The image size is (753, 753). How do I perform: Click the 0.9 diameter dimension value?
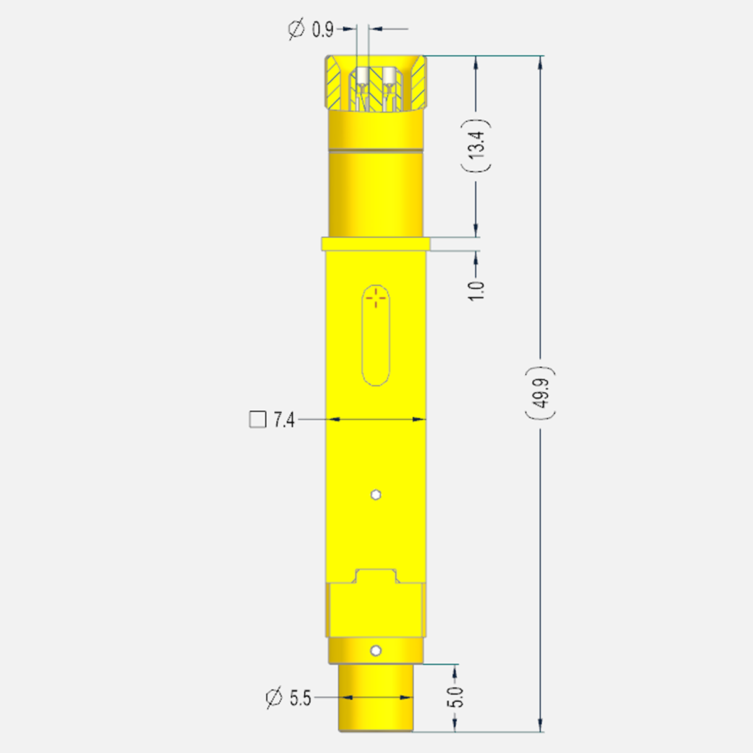click(x=323, y=29)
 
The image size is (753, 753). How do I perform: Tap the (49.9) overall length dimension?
click(x=540, y=393)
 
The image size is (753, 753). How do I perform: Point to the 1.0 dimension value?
click(x=476, y=291)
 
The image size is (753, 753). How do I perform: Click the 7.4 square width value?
click(x=284, y=420)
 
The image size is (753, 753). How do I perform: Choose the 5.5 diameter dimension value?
click(x=300, y=698)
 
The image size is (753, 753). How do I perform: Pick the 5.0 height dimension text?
click(x=455, y=697)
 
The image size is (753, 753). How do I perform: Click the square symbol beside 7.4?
click(x=257, y=420)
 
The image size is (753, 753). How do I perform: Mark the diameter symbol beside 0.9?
click(x=296, y=29)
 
